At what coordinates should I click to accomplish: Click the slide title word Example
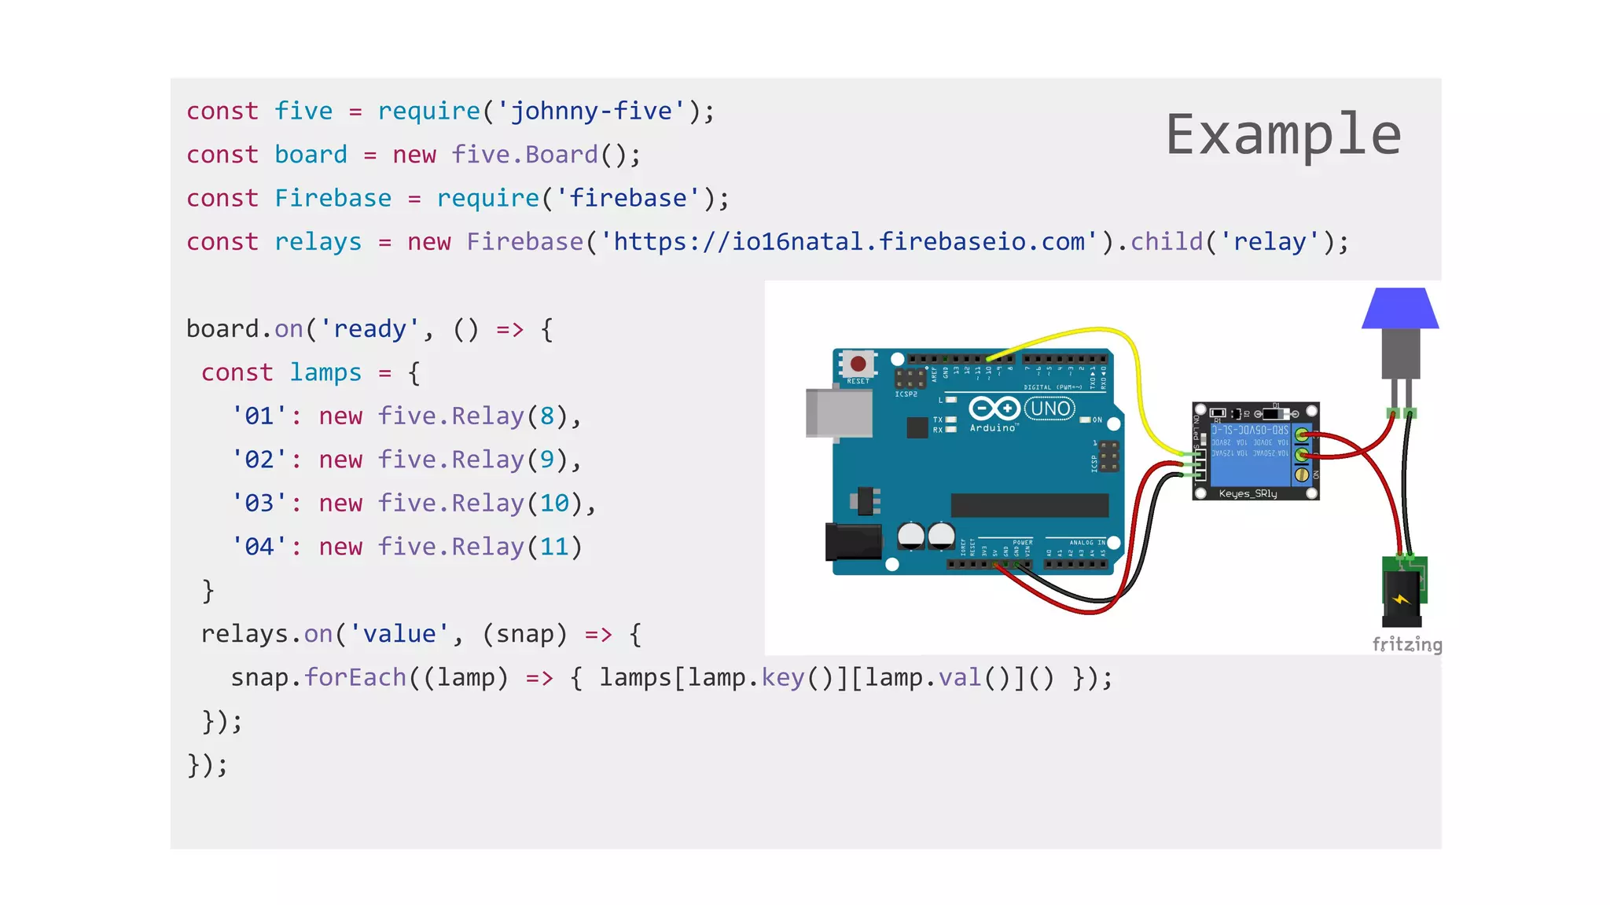tap(1283, 135)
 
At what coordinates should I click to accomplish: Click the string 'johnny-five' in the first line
tap(592, 112)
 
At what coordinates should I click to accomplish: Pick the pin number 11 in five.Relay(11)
tap(554, 547)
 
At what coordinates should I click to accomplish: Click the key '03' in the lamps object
tap(259, 504)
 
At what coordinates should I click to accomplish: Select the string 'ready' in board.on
tap(370, 329)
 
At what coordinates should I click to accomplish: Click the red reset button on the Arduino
tap(858, 364)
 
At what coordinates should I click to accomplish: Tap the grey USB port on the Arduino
tap(839, 412)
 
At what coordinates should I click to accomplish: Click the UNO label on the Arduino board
tap(1050, 409)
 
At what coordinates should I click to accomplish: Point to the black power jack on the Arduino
tap(852, 542)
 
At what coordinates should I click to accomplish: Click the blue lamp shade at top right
tap(1400, 309)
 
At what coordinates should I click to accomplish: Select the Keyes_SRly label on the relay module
tap(1248, 494)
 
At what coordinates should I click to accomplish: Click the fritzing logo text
tap(1406, 645)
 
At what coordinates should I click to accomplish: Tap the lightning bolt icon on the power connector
tap(1401, 599)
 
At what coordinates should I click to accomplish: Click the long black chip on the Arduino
tap(1029, 505)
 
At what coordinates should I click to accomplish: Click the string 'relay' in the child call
tap(1270, 242)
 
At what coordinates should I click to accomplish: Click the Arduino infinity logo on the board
tap(994, 409)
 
